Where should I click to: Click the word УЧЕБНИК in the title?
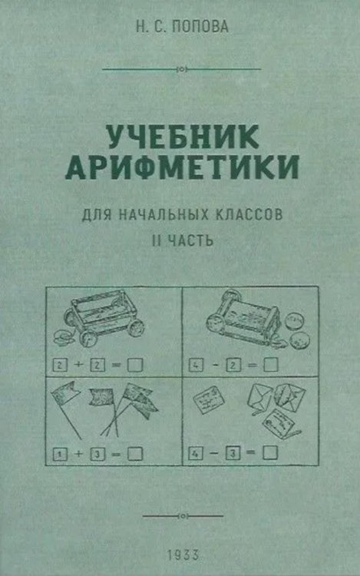[x=180, y=138]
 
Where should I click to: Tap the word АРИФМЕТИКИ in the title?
[x=180, y=167]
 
